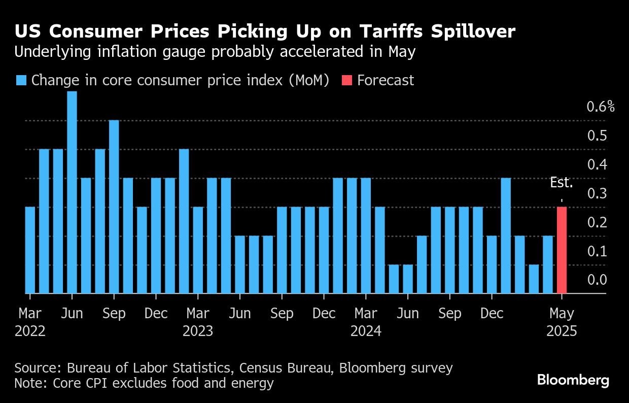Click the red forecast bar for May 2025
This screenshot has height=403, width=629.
coord(562,250)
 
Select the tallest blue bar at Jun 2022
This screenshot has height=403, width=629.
coord(72,192)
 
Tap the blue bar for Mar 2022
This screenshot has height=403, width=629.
coord(30,250)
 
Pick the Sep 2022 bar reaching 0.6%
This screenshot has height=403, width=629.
coord(114,207)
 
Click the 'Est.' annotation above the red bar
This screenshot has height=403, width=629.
coord(562,183)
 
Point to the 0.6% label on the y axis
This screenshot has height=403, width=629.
coord(600,107)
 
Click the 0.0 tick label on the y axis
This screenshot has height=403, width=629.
coord(597,280)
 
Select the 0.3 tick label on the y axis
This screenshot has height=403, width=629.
coord(597,193)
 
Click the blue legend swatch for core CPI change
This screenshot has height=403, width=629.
coord(21,80)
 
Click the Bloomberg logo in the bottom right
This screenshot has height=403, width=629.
coord(573,380)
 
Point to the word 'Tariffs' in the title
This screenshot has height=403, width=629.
coord(385,32)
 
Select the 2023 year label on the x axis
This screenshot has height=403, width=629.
coord(198,331)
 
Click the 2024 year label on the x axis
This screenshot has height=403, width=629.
coord(366,331)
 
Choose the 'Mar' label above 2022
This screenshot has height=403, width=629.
coord(30,314)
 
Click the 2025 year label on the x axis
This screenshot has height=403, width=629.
coord(561,331)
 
